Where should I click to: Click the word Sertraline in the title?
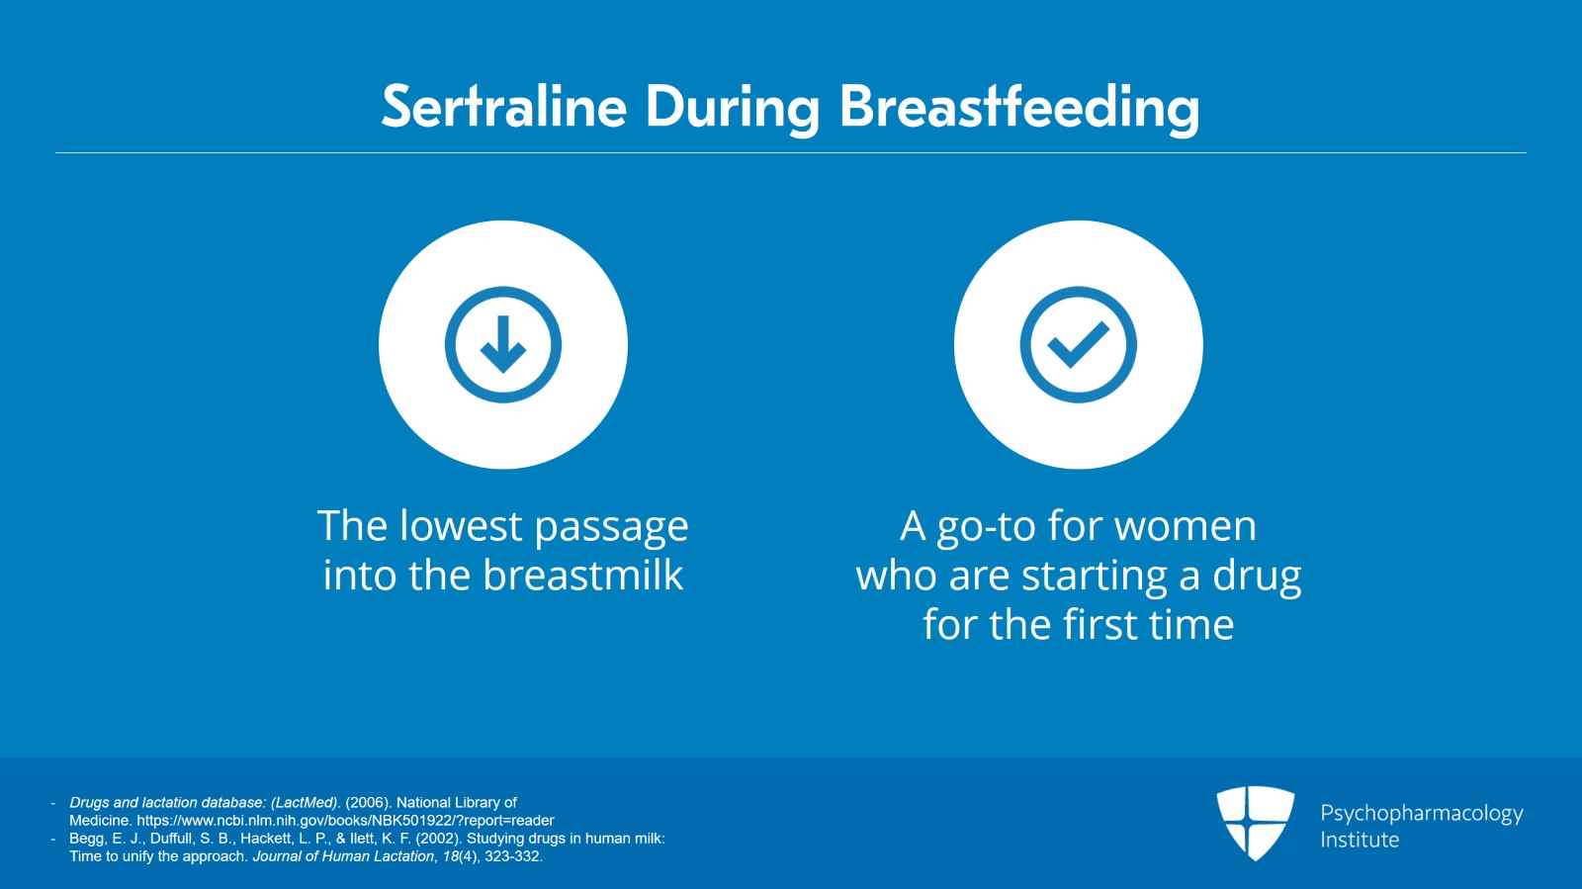[x=503, y=108]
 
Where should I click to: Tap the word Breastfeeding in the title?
[x=1019, y=109]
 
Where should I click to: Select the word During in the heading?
[x=733, y=109]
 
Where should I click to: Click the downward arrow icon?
[x=503, y=344]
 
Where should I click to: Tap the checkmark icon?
[x=1079, y=344]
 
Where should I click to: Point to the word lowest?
[x=461, y=526]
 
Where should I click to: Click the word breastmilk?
[x=582, y=575]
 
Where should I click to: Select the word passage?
[x=612, y=529]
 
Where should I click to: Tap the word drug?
[x=1257, y=577]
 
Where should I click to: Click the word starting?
[x=1094, y=577]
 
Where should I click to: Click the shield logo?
[x=1255, y=823]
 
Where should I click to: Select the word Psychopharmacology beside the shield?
[x=1422, y=814]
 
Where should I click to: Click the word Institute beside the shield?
[x=1360, y=841]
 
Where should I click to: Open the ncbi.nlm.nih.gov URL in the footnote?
[x=345, y=821]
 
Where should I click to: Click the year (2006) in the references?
[x=367, y=803]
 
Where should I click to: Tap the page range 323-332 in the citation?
[x=513, y=856]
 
